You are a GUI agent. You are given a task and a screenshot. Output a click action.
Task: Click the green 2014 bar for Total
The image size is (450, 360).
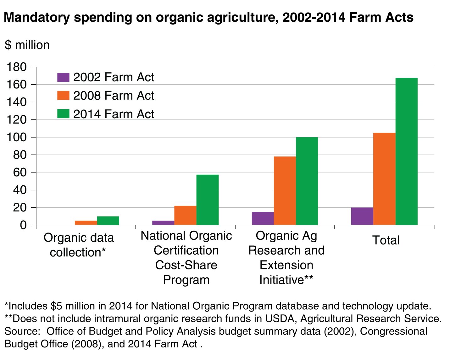[x=406, y=151]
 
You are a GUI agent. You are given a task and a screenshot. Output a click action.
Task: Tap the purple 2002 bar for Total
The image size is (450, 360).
[x=362, y=216]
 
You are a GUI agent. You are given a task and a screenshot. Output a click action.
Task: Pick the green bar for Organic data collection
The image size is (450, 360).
[x=108, y=221]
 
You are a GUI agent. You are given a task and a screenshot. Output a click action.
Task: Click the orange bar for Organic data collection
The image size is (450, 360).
[x=86, y=223]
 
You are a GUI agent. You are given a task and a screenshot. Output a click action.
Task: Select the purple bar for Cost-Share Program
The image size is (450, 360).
[x=163, y=223]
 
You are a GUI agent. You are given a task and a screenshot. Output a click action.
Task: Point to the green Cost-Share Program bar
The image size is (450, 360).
[x=207, y=200]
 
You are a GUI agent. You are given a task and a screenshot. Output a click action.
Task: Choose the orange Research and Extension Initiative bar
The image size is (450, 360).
[x=285, y=191]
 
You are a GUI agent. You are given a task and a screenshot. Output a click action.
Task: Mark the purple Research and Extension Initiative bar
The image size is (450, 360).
[x=263, y=218]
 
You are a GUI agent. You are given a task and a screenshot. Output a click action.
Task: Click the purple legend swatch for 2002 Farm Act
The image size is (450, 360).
[x=63, y=77]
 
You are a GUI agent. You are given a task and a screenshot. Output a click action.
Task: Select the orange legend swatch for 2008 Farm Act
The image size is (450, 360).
[x=63, y=96]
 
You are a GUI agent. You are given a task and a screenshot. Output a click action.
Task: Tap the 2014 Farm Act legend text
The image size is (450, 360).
[x=114, y=114]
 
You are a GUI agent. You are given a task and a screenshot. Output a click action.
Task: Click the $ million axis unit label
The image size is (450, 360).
[x=27, y=45]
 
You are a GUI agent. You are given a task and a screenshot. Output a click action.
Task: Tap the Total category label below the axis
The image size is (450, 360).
[x=386, y=240]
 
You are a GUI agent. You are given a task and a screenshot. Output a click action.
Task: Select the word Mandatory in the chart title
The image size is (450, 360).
[x=36, y=17]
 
